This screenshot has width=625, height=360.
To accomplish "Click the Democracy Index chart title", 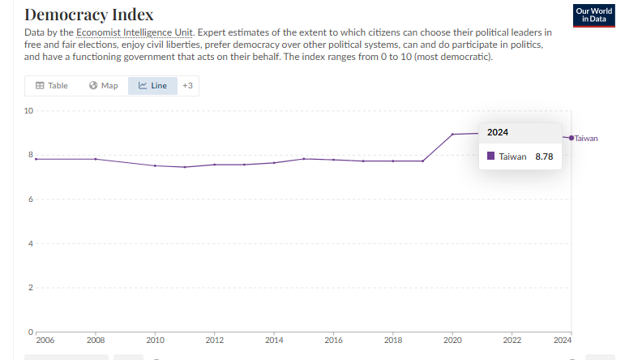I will click(89, 15).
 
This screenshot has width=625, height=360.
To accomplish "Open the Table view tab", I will click(51, 85).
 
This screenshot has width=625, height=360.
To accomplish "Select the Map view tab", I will click(103, 85).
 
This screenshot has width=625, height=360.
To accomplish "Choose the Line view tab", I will click(152, 85).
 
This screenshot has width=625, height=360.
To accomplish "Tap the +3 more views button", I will click(187, 85).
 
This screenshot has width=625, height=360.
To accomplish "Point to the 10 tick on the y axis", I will click(28, 111).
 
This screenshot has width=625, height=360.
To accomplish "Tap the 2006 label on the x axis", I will click(45, 341).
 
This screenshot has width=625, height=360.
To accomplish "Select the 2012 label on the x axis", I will click(215, 341).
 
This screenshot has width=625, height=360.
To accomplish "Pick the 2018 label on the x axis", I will click(393, 341).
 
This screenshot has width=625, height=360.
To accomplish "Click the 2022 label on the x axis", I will click(512, 341).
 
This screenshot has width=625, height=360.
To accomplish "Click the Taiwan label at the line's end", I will click(586, 138).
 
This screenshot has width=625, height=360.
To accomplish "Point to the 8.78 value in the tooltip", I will click(544, 156).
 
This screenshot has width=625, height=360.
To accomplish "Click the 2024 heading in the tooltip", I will click(498, 132).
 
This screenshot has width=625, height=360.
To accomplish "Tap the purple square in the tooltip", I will click(491, 156).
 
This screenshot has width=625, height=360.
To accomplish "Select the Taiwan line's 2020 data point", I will click(452, 134).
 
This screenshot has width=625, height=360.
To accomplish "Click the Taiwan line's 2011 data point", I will click(185, 167).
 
